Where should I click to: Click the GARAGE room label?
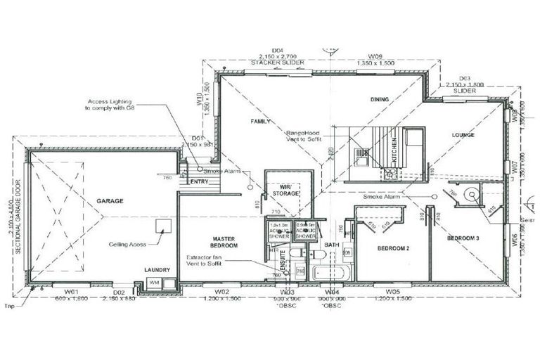coord(110,200)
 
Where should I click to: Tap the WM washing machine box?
coord(153,283)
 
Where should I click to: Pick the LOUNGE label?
coord(463,134)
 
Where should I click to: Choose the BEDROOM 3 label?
coord(463,239)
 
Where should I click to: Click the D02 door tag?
coord(119,291)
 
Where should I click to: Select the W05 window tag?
coord(392,290)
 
